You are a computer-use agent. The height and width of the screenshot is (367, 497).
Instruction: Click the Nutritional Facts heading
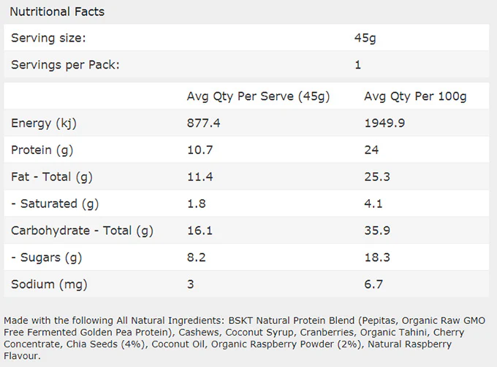pyautogui.click(x=57, y=12)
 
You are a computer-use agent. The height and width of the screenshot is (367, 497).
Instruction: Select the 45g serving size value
pyautogui.click(x=365, y=38)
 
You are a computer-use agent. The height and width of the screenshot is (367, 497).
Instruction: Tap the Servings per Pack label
pyautogui.click(x=65, y=65)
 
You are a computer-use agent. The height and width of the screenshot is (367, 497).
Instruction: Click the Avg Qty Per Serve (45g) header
pyautogui.click(x=258, y=96)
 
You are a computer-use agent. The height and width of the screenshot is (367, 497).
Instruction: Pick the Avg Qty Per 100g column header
pyautogui.click(x=415, y=96)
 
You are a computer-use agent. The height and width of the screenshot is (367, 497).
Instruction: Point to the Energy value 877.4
pyautogui.click(x=203, y=123)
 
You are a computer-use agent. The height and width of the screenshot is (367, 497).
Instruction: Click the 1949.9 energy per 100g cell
pyautogui.click(x=384, y=123)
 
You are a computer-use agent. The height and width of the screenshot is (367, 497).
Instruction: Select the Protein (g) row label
pyautogui.click(x=42, y=150)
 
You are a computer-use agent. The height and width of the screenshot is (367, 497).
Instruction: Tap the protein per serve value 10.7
pyautogui.click(x=200, y=150)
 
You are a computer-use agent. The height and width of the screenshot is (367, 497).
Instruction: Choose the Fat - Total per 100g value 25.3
pyautogui.click(x=377, y=177)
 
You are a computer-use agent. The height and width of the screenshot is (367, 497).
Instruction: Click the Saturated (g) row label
pyautogui.click(x=55, y=204)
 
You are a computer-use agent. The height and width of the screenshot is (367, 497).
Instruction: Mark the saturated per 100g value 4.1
pyautogui.click(x=373, y=204)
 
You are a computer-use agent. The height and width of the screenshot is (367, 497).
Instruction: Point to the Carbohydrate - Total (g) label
pyautogui.click(x=82, y=231)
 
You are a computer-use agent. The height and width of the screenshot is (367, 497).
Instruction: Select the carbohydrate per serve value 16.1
pyautogui.click(x=200, y=231)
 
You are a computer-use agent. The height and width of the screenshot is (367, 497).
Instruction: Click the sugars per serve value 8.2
pyautogui.click(x=196, y=258)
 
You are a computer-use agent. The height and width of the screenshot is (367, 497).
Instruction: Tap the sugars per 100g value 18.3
pyautogui.click(x=377, y=258)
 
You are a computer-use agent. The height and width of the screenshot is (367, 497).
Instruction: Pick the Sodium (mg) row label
pyautogui.click(x=49, y=285)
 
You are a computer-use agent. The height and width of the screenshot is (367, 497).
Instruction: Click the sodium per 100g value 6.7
pyautogui.click(x=373, y=284)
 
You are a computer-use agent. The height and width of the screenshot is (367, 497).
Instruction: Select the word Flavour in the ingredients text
pyautogui.click(x=21, y=356)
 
